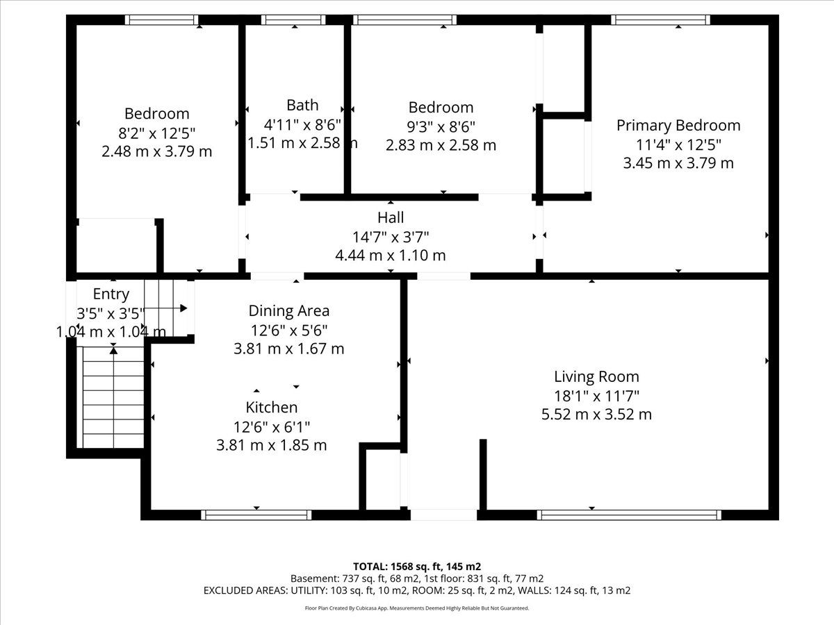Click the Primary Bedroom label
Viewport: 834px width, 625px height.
click(678, 126)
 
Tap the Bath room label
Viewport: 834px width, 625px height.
click(302, 105)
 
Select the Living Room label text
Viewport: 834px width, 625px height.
click(596, 376)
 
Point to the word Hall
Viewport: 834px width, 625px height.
click(391, 217)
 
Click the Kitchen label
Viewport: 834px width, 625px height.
click(272, 407)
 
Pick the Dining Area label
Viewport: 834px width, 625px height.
click(288, 311)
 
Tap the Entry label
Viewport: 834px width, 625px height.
click(111, 294)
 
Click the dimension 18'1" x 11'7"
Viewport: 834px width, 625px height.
click(596, 396)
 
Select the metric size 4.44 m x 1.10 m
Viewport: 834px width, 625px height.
click(391, 255)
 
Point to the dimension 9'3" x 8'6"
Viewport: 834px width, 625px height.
click(441, 126)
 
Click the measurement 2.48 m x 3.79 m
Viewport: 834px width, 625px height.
click(156, 151)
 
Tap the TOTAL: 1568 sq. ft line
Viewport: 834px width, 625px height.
click(417, 567)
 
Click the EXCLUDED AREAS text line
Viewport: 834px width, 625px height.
click(417, 590)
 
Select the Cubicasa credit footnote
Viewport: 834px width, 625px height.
click(417, 608)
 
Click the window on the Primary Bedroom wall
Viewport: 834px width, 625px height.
click(661, 19)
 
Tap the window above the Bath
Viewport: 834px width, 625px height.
click(294, 19)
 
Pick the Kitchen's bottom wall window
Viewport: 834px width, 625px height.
click(256, 515)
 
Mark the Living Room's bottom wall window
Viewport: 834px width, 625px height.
click(629, 515)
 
